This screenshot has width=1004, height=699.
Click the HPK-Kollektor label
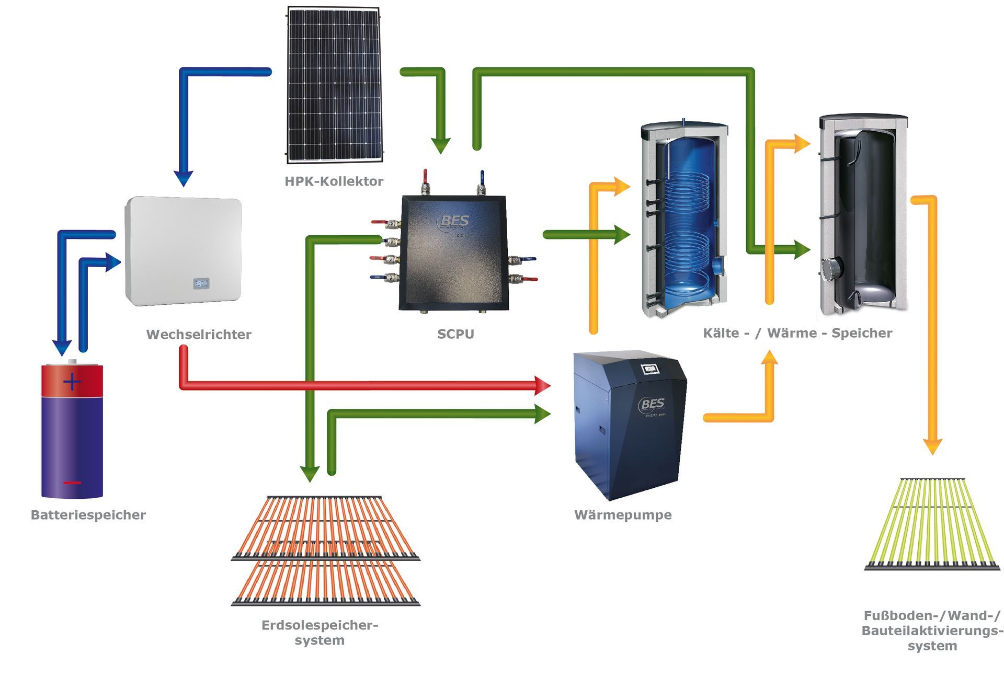334,181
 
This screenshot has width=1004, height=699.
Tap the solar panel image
334,84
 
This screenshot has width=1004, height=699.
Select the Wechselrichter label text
199,335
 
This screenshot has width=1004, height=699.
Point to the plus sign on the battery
72,382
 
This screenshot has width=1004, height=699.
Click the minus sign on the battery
72,483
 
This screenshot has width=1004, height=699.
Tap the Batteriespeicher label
88,515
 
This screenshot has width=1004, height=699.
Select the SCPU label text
455,334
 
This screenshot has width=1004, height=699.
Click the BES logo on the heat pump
652,404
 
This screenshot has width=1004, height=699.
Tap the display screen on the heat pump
650,369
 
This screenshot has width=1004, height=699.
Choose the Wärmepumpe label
623,515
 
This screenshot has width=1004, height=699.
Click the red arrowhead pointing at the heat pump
543,386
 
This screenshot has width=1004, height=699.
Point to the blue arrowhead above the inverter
184,179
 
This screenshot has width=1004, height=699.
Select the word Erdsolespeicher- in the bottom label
320,625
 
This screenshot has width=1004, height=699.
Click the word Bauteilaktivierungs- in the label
932,631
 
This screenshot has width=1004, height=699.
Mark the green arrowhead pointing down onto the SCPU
441,146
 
